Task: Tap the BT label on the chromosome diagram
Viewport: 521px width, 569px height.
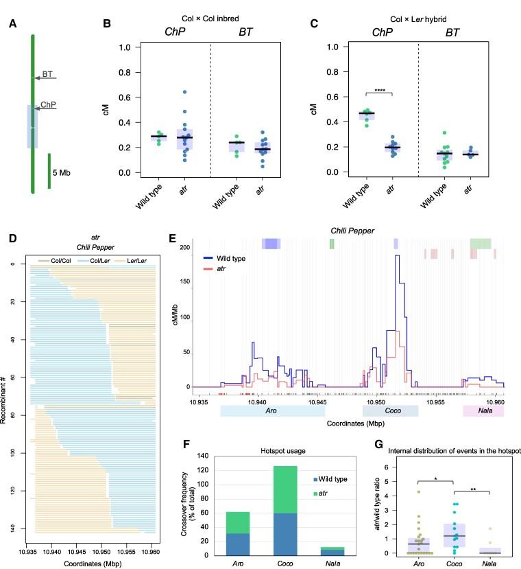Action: pyautogui.click(x=47, y=73)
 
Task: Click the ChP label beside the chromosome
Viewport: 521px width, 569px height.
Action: pyautogui.click(x=48, y=106)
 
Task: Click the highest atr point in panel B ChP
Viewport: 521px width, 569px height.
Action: pyautogui.click(x=184, y=91)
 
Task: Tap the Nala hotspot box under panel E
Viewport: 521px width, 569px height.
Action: pyautogui.click(x=483, y=411)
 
